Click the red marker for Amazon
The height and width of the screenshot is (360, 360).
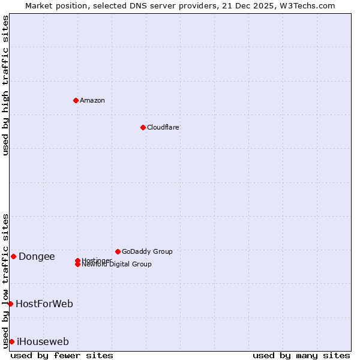click(76, 100)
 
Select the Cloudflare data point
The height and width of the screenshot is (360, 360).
click(143, 127)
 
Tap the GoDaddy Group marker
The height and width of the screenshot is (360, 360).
click(118, 251)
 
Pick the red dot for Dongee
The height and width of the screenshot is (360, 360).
click(13, 256)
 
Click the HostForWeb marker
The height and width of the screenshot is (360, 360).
click(10, 304)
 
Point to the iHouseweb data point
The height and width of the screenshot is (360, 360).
click(11, 341)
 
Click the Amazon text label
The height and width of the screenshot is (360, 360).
click(92, 100)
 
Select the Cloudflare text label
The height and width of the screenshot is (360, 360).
click(163, 127)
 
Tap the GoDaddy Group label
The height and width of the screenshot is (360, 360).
click(147, 251)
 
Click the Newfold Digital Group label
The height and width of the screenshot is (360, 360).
click(116, 265)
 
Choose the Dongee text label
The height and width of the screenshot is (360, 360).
click(37, 257)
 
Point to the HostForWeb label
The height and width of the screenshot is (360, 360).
click(44, 304)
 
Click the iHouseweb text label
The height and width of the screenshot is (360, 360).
click(43, 342)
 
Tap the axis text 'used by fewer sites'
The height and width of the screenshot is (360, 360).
click(62, 355)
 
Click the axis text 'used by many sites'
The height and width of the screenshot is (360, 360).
click(301, 355)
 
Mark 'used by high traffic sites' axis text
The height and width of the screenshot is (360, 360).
click(6, 85)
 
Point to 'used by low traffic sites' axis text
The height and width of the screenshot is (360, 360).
click(6, 280)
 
